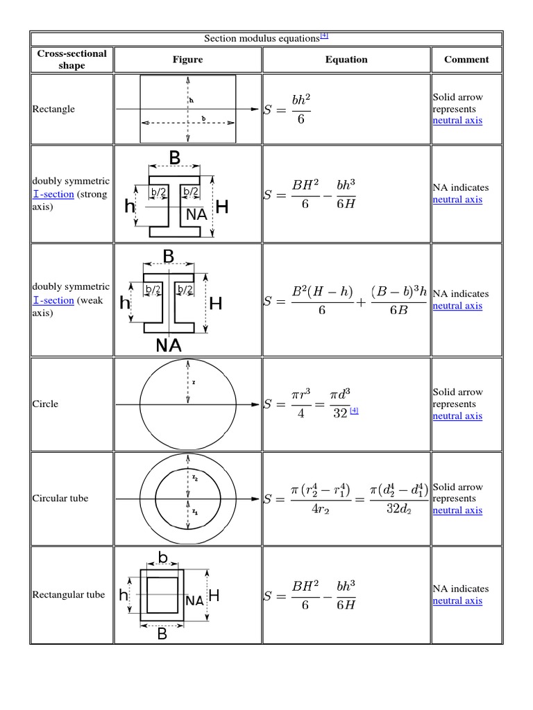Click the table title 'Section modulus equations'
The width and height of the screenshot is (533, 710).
click(263, 39)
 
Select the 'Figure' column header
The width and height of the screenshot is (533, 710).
click(187, 60)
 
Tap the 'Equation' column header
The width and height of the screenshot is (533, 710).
click(346, 60)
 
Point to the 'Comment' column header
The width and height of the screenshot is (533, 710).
click(466, 60)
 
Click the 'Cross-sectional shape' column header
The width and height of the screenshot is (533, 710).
click(71, 60)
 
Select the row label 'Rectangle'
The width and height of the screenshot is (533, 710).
click(53, 109)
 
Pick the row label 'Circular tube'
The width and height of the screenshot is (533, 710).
click(60, 499)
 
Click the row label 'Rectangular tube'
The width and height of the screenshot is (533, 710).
click(69, 594)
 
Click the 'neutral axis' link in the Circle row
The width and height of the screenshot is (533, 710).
click(457, 416)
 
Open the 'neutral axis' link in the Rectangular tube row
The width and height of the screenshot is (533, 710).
click(457, 600)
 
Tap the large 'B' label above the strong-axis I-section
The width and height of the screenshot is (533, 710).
click(174, 158)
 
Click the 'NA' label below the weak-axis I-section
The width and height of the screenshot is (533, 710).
click(169, 345)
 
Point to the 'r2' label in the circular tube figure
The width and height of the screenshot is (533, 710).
click(196, 478)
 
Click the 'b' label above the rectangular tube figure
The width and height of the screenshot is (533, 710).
click(163, 558)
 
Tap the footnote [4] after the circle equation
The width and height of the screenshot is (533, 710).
click(354, 410)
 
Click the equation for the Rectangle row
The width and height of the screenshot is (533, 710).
click(288, 109)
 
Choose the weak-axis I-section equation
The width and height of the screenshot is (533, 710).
click(346, 300)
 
